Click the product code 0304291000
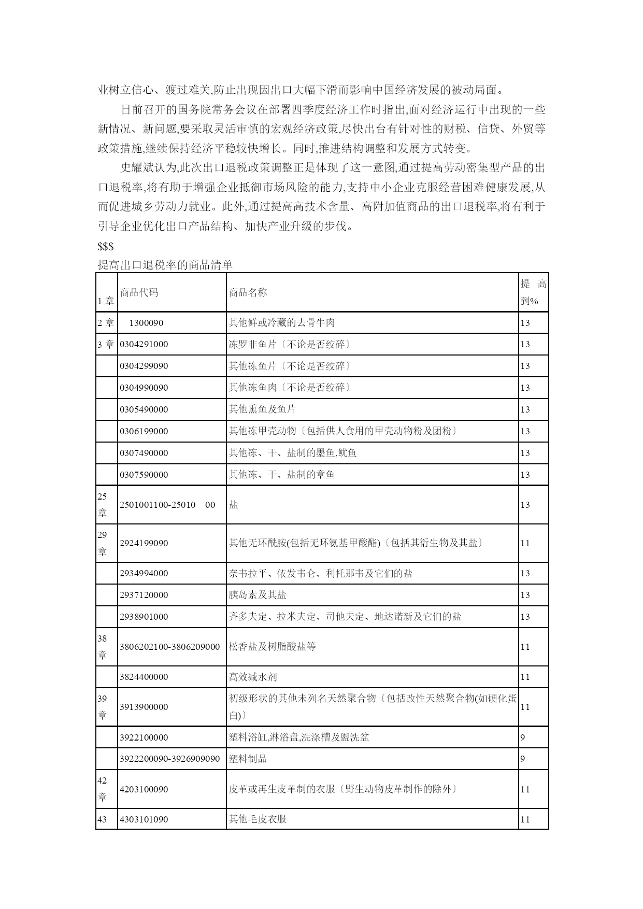point(144,344)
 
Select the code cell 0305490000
point(144,409)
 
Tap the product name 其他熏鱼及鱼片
point(262,409)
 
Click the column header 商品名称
point(248,292)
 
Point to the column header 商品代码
point(139,292)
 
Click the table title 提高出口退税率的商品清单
point(165,265)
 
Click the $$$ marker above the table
point(106,247)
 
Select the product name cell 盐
point(234,505)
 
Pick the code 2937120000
point(144,595)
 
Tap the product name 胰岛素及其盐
point(258,595)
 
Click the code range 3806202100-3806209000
point(169,647)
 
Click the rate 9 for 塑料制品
point(523,759)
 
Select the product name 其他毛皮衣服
point(258,819)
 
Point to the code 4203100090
point(144,789)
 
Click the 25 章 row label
point(103,504)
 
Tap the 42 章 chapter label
point(103,789)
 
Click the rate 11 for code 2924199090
point(525,543)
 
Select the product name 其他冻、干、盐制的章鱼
point(282,475)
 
